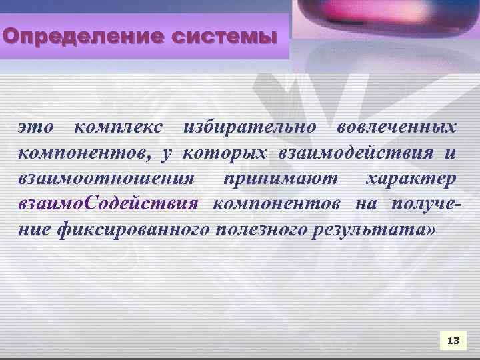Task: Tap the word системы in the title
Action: (x=223, y=35)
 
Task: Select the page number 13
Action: (x=453, y=341)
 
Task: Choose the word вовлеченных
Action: (x=397, y=126)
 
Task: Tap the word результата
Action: (x=361, y=230)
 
